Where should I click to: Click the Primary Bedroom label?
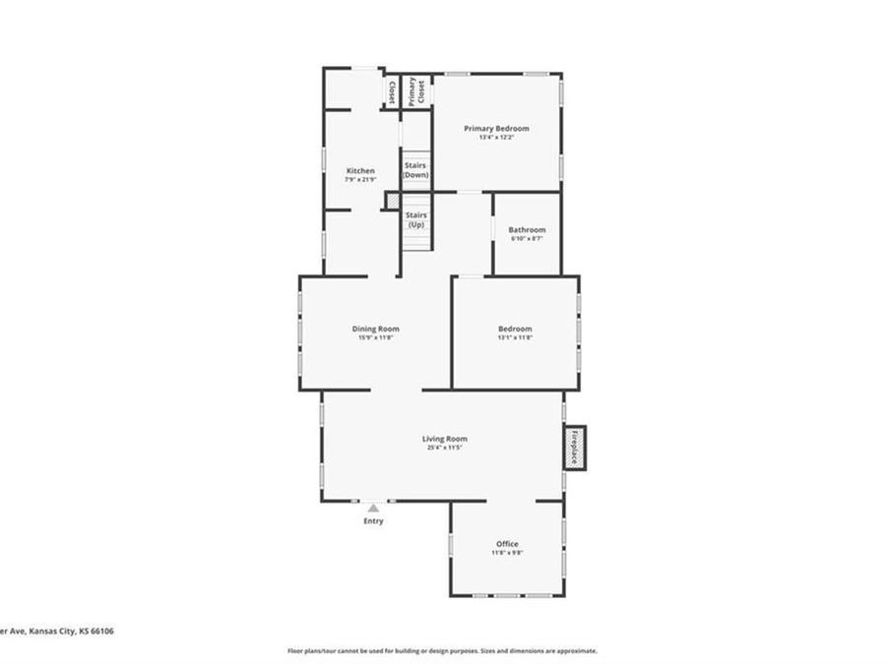(x=496, y=129)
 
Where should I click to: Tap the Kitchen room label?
(x=359, y=171)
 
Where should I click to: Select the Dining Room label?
(x=375, y=329)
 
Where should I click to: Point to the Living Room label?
(x=445, y=439)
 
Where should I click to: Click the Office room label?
(x=507, y=544)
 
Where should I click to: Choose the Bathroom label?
(x=527, y=230)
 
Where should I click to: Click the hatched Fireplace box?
(x=574, y=447)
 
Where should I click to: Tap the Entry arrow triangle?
(x=373, y=509)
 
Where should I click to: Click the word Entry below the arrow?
(x=373, y=521)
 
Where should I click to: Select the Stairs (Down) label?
(x=415, y=169)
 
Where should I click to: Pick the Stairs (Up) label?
(x=415, y=218)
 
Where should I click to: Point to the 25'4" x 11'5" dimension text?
(x=445, y=449)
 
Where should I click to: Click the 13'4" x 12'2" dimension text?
(x=496, y=138)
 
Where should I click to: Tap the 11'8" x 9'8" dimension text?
(x=507, y=553)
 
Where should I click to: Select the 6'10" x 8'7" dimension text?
(x=527, y=239)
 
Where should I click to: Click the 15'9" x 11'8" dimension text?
(x=375, y=337)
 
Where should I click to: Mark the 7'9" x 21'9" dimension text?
(x=359, y=180)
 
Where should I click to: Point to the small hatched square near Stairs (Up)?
(x=390, y=200)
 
